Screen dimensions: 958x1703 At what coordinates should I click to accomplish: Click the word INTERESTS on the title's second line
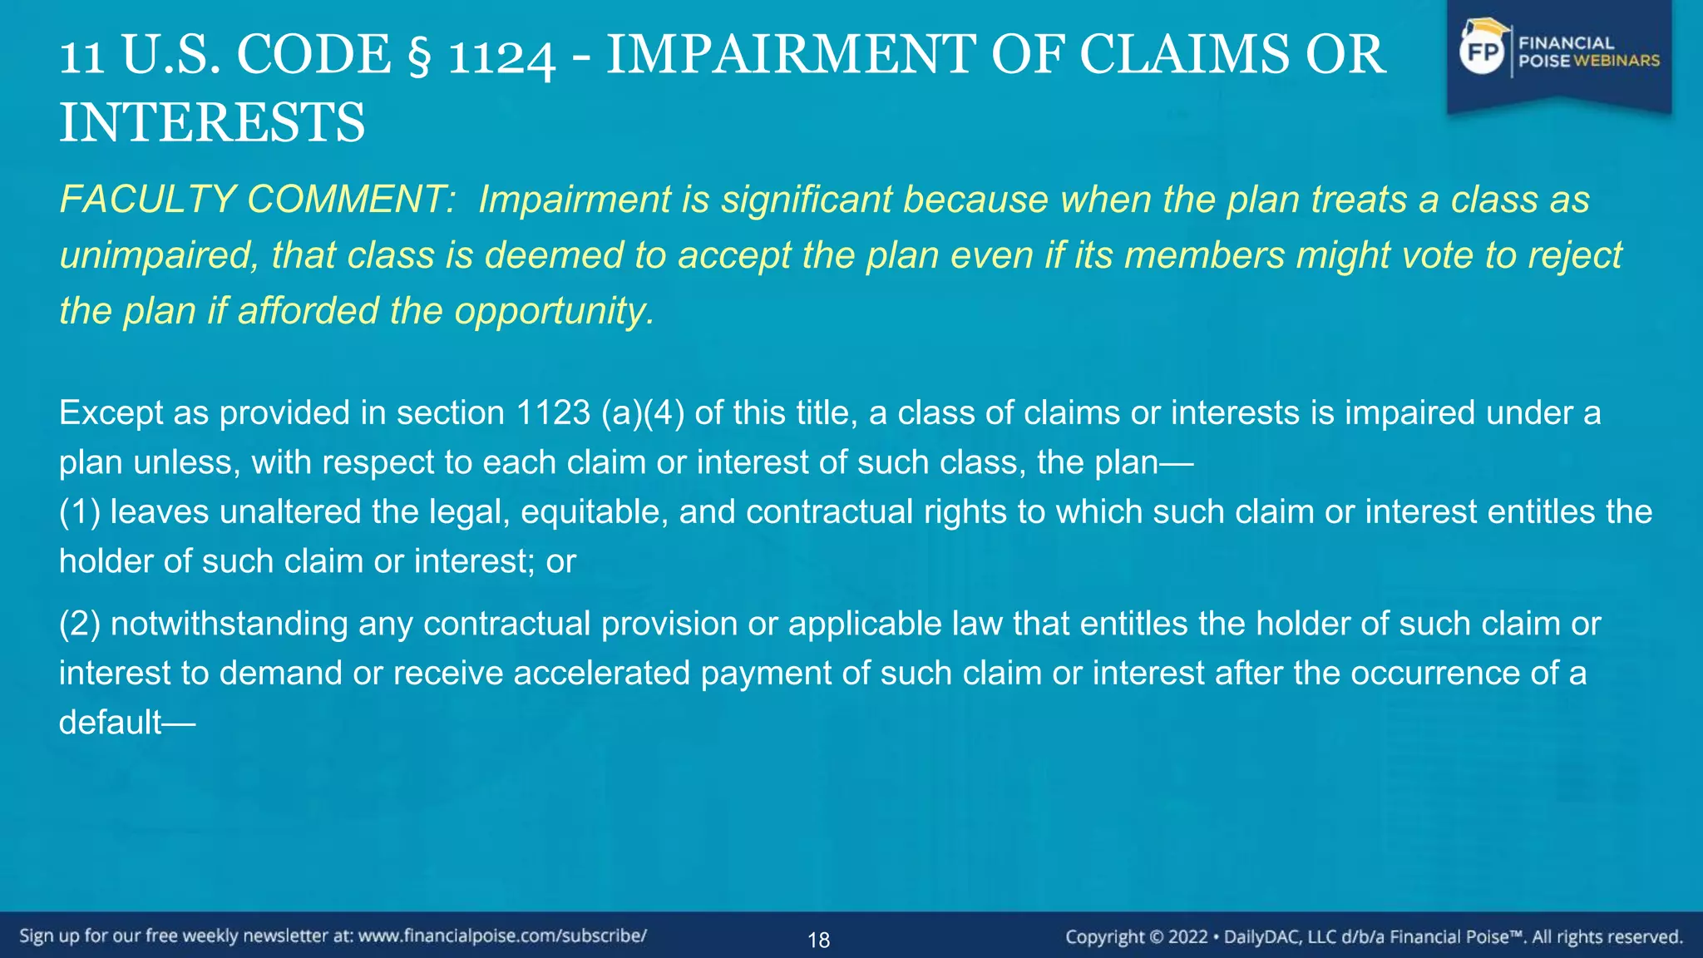coord(212,122)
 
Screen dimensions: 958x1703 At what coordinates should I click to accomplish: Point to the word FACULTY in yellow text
coord(147,200)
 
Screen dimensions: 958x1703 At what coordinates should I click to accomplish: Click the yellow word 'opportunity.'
coord(554,311)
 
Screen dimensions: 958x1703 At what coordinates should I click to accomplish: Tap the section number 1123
coord(553,412)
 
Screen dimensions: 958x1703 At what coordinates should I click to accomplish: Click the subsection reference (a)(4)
coord(643,412)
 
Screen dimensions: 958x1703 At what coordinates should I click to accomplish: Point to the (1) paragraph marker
coord(80,511)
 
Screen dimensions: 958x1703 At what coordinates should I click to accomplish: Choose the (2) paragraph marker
coord(80,624)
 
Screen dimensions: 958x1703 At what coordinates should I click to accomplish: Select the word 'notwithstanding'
coord(229,624)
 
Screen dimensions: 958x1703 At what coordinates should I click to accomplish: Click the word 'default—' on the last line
coord(126,723)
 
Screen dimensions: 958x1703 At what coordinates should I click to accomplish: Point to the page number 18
coord(819,940)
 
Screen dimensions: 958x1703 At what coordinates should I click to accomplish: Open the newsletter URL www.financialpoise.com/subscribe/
coord(502,936)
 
